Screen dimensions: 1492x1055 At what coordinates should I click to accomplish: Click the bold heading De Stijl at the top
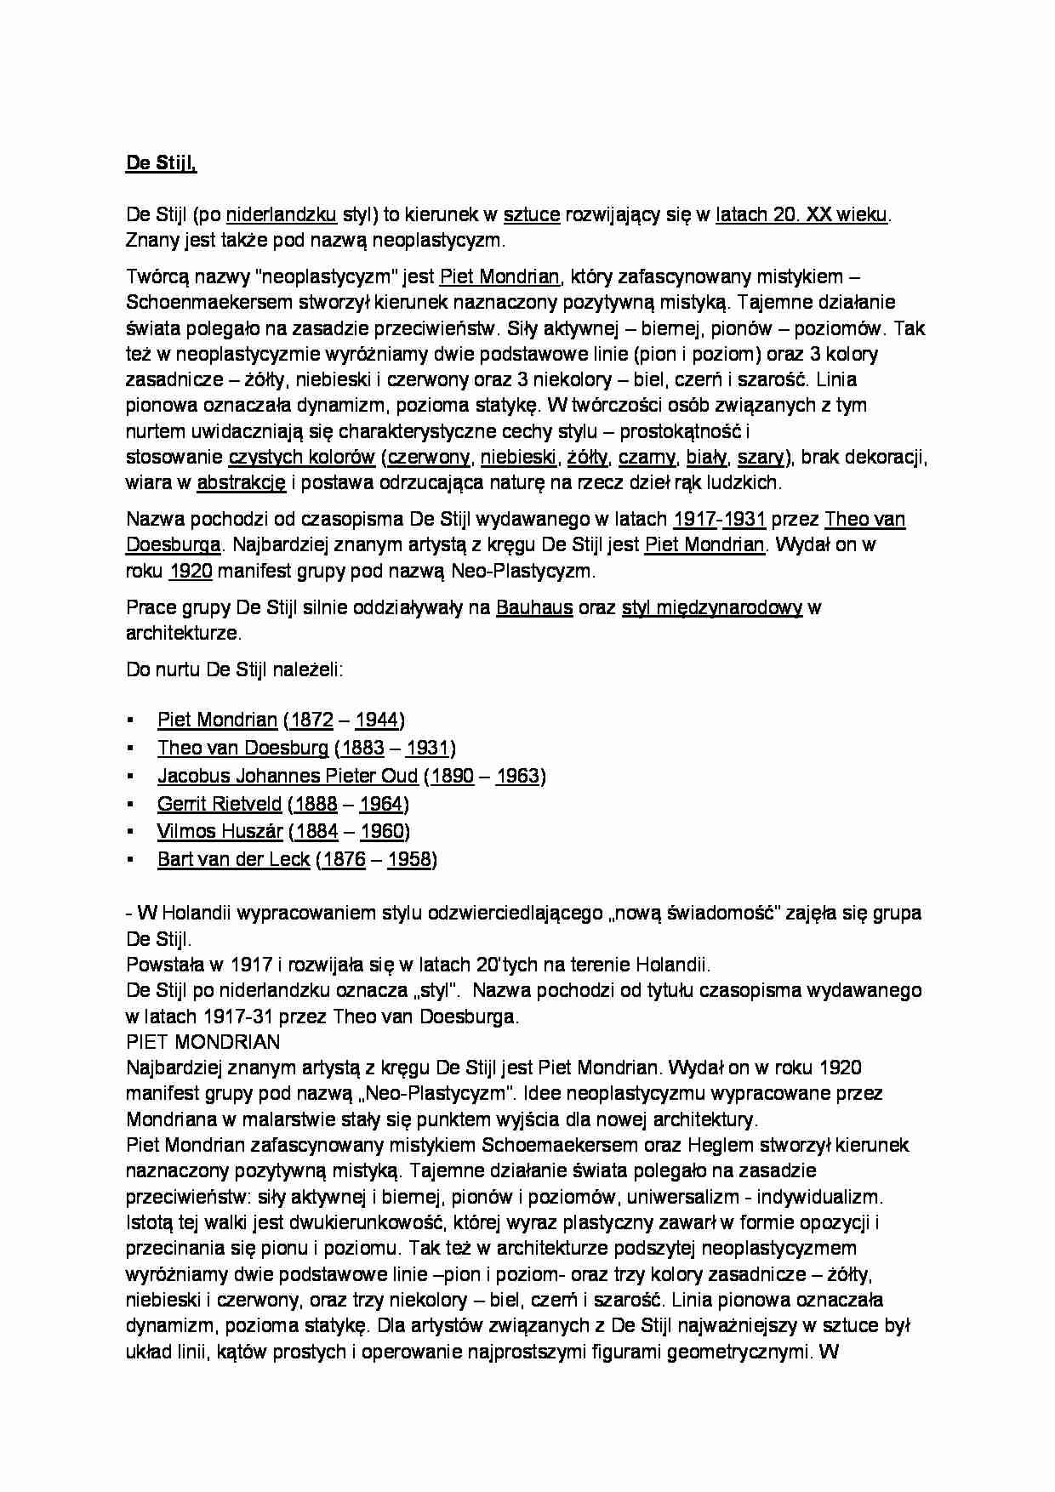tap(161, 163)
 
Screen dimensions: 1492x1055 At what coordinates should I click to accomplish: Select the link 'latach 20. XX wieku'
tap(801, 214)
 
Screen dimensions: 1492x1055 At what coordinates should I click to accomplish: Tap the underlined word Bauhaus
tap(534, 607)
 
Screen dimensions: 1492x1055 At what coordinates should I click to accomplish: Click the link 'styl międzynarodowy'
tap(712, 607)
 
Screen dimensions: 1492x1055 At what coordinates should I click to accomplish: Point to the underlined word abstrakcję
tap(242, 482)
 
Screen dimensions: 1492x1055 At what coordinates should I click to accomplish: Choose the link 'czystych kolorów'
tap(302, 457)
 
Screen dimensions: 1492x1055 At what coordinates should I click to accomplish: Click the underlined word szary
tap(760, 457)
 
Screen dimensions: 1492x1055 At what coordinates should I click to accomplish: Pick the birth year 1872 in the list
tap(311, 720)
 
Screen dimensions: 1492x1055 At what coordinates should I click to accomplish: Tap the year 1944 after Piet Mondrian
tap(377, 720)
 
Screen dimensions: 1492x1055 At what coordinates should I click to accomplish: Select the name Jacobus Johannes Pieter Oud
tap(288, 776)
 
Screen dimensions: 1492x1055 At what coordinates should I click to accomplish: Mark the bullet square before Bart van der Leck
tap(130, 859)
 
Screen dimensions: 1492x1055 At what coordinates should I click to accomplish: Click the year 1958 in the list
tap(409, 859)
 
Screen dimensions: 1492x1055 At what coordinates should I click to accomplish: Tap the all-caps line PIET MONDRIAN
tap(202, 1041)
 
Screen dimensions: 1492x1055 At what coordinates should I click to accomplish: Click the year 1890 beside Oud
tap(452, 776)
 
